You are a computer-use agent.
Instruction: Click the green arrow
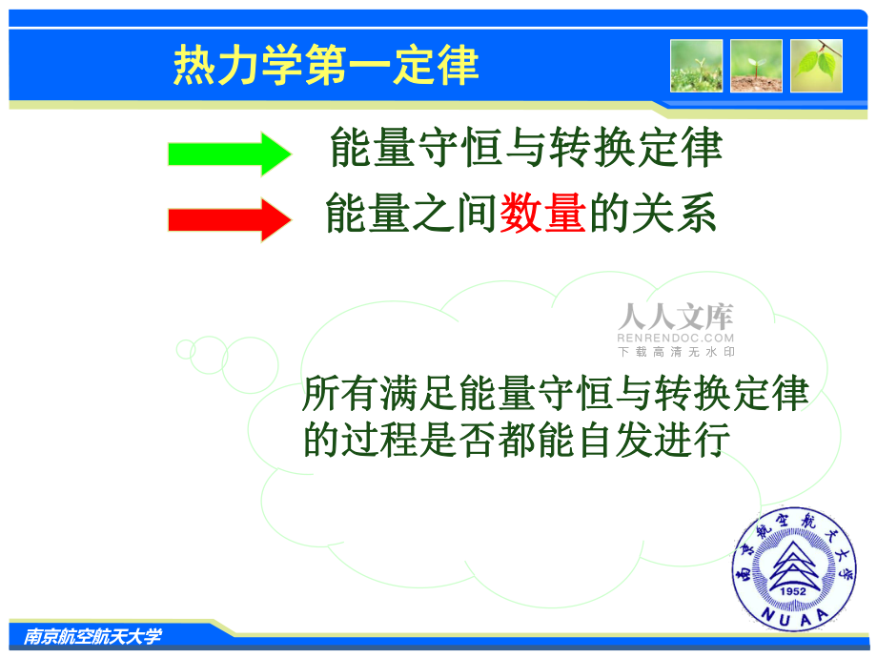pos(230,154)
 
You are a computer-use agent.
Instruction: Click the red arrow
pos(230,220)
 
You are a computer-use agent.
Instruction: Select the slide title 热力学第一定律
pos(326,66)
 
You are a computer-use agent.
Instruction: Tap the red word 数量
pos(542,213)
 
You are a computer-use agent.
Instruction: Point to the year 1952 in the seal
pos(792,591)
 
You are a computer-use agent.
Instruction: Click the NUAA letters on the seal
pos(795,617)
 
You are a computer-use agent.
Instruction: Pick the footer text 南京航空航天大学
pos(92,636)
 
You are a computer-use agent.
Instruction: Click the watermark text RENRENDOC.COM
pos(676,338)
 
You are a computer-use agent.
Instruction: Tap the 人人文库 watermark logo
pos(676,317)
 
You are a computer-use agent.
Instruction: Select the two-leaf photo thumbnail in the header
pos(816,66)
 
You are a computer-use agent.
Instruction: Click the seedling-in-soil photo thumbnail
pos(756,66)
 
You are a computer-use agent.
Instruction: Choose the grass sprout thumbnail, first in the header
pos(696,66)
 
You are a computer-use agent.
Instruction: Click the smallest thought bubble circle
pos(185,349)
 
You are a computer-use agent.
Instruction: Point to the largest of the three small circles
pos(250,365)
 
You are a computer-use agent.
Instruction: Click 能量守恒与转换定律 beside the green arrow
pos(526,147)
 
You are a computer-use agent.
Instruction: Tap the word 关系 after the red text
pos(674,213)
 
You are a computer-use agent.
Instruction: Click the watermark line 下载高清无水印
pos(676,352)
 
